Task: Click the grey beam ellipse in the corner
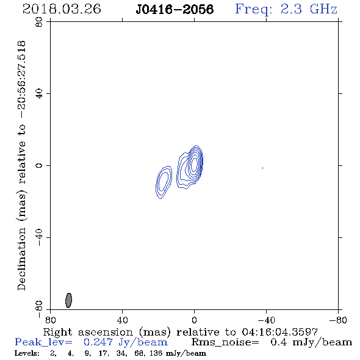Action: (x=69, y=300)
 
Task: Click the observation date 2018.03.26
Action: (x=62, y=9)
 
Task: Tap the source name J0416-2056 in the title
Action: (x=175, y=9)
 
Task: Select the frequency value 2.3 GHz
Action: (x=309, y=9)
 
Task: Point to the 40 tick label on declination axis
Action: (x=39, y=94)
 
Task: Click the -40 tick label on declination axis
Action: (x=39, y=237)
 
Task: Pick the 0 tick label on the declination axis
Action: (x=39, y=165)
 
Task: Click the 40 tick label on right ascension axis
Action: (x=122, y=320)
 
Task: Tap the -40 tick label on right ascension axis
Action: (x=266, y=320)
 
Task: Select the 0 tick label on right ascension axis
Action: (x=194, y=320)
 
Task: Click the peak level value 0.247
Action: (x=98, y=342)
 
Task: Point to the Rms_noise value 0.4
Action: (x=279, y=342)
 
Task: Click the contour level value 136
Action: (x=156, y=353)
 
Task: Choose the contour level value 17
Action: (x=103, y=353)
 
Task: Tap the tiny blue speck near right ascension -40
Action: (x=262, y=168)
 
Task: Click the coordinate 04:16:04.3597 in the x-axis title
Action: (x=279, y=332)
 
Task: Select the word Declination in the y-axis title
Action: (x=21, y=259)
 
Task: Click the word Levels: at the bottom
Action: (x=27, y=353)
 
